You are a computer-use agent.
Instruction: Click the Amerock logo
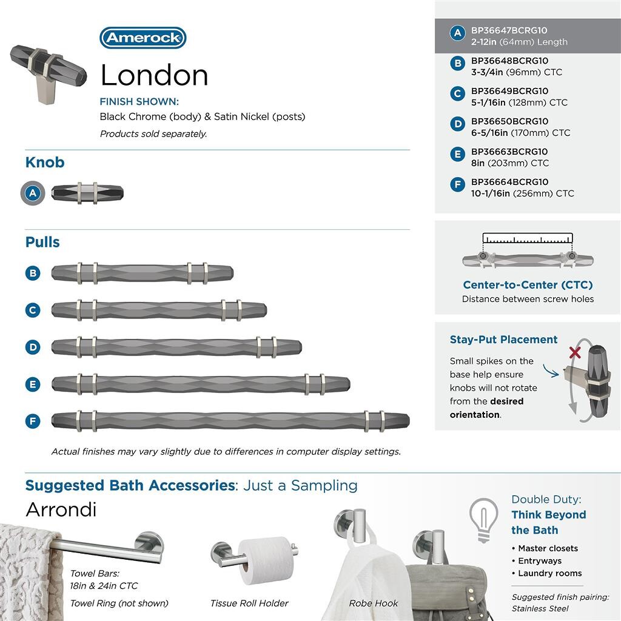pos(143,38)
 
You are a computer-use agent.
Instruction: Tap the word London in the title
pos(154,75)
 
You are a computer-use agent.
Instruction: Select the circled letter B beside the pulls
pos(33,273)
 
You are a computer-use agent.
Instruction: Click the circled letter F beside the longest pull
pos(33,421)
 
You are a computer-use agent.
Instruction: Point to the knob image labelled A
pos(87,193)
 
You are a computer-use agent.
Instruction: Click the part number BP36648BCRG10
pos(509,61)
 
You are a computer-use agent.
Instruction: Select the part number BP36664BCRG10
pos(509,182)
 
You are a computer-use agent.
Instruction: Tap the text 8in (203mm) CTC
pos(509,163)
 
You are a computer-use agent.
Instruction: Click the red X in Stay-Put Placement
pos(574,352)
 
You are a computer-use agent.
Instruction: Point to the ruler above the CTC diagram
pos(528,238)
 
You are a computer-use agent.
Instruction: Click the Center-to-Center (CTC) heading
pos(528,285)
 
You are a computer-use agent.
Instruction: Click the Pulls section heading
pos(42,242)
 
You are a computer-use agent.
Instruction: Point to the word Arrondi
pos(61,509)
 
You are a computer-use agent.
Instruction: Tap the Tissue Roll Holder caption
pos(249,603)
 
